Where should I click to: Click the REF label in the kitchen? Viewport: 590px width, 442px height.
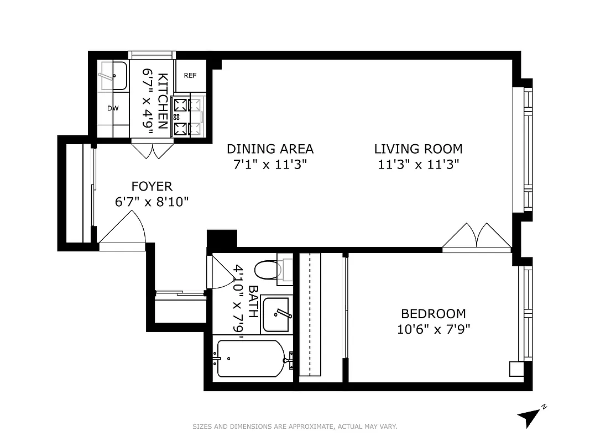coord(190,75)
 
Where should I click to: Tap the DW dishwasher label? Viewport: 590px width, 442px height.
coord(113,108)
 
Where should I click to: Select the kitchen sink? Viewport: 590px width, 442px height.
coord(113,76)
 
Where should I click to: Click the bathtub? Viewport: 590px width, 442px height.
coord(251,358)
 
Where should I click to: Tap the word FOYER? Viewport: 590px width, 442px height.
coord(152,187)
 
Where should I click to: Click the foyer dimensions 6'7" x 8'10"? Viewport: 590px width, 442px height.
coord(152,202)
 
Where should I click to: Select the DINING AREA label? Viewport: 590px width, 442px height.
coord(270,149)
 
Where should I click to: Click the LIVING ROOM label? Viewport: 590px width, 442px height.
coord(418,149)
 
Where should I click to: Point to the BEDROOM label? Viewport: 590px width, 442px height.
coord(433,314)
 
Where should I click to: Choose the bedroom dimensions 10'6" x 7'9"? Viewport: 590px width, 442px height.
coord(433,329)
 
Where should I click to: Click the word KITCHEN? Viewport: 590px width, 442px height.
coord(163,101)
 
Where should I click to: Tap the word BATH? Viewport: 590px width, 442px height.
coord(253,302)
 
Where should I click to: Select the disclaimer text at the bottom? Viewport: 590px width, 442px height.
coord(295,427)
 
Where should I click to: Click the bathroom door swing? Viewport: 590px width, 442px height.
coord(222,272)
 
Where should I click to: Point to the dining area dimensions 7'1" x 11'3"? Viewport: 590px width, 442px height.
coord(270,164)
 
